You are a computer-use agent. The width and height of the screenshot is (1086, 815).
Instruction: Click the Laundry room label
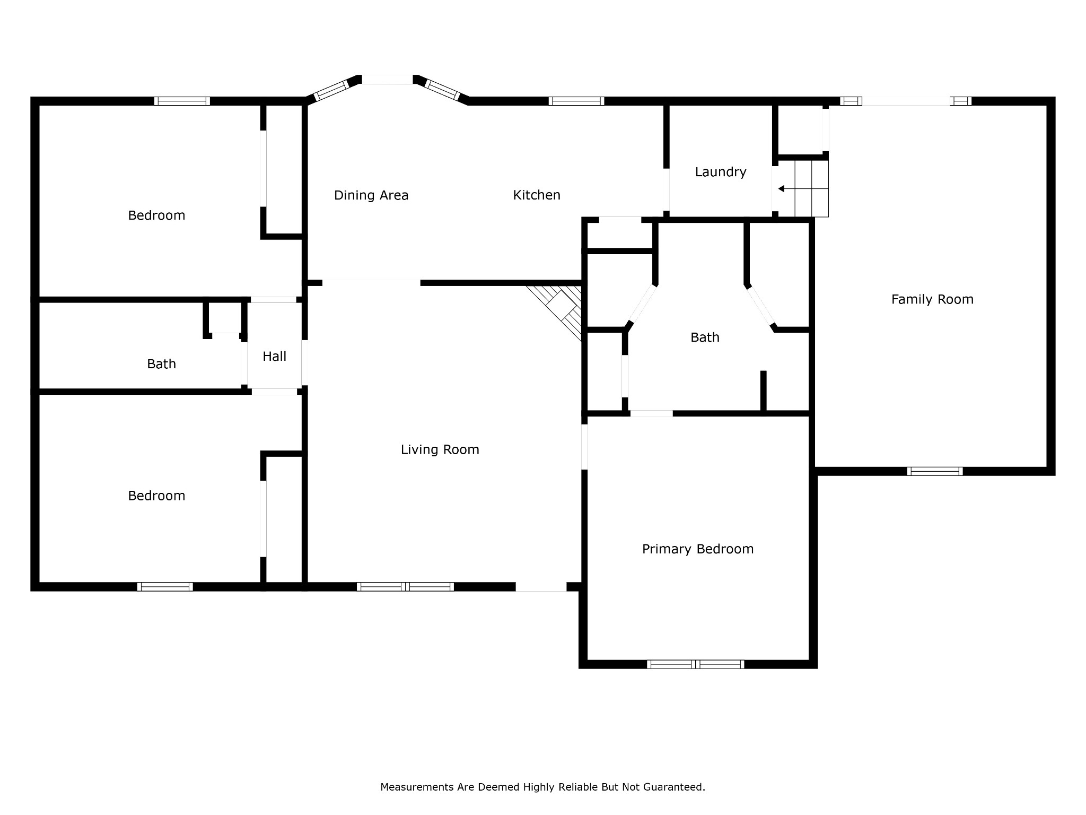[721, 172]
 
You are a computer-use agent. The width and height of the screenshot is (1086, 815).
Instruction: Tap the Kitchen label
[537, 195]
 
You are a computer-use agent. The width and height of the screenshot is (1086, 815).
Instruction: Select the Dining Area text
[371, 196]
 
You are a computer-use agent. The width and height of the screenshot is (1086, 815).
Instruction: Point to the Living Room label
[440, 450]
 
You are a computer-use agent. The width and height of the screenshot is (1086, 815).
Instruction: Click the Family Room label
[932, 300]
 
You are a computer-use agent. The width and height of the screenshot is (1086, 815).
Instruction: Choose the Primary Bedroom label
[698, 549]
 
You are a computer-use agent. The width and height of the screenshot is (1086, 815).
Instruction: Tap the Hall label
[275, 357]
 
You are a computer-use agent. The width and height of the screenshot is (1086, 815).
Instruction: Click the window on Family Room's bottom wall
[935, 471]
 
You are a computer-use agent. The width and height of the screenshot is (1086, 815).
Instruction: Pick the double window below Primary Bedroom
[695, 664]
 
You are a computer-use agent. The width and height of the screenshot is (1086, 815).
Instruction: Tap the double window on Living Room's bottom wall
[405, 587]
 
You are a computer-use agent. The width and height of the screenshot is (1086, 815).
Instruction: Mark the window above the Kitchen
[576, 101]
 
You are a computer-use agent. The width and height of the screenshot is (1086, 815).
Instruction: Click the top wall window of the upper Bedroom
[182, 101]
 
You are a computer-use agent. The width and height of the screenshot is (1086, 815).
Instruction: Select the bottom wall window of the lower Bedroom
[165, 587]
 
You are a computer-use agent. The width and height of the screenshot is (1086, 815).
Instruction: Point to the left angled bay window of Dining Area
[332, 90]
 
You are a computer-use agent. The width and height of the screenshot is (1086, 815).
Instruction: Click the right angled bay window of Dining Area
[442, 90]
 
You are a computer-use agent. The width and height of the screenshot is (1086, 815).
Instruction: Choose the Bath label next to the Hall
[161, 364]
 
